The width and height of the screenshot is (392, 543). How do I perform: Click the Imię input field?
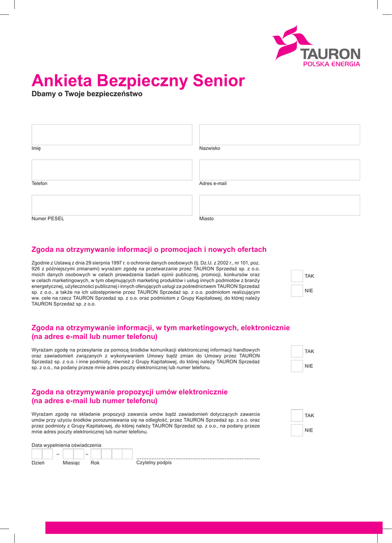pyautogui.click(x=112, y=135)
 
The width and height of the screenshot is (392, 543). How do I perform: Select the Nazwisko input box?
pyautogui.click(x=279, y=135)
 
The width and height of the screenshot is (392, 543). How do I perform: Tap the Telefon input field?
pyautogui.click(x=112, y=170)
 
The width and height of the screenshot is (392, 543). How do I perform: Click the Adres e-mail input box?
pyautogui.click(x=279, y=170)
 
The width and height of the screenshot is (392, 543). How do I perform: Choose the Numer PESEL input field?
pyautogui.click(x=112, y=205)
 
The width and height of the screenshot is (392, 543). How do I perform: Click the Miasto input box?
pyautogui.click(x=279, y=205)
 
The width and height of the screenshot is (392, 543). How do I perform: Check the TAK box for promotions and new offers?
pyautogui.click(x=297, y=276)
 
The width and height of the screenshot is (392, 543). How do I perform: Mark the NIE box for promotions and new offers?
pyautogui.click(x=297, y=291)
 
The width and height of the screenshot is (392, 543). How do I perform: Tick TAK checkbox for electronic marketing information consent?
pyautogui.click(x=297, y=351)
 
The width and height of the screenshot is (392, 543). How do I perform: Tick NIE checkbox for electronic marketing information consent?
pyautogui.click(x=297, y=366)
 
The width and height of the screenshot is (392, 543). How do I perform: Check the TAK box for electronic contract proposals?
pyautogui.click(x=297, y=415)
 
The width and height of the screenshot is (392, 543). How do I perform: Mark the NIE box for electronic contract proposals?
pyautogui.click(x=297, y=430)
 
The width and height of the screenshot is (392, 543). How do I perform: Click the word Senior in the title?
pyautogui.click(x=218, y=81)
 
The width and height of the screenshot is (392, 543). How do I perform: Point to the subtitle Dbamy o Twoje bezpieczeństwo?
pyautogui.click(x=87, y=94)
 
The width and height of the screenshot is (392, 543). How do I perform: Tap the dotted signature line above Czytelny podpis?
pyautogui.click(x=198, y=458)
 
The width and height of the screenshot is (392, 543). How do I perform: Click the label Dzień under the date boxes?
pyautogui.click(x=38, y=463)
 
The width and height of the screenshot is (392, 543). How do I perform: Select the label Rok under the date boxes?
pyautogui.click(x=95, y=463)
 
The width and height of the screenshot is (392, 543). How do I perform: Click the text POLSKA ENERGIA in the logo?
pyautogui.click(x=331, y=64)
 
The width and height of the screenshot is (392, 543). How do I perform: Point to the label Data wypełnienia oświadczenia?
pyautogui.click(x=66, y=445)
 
